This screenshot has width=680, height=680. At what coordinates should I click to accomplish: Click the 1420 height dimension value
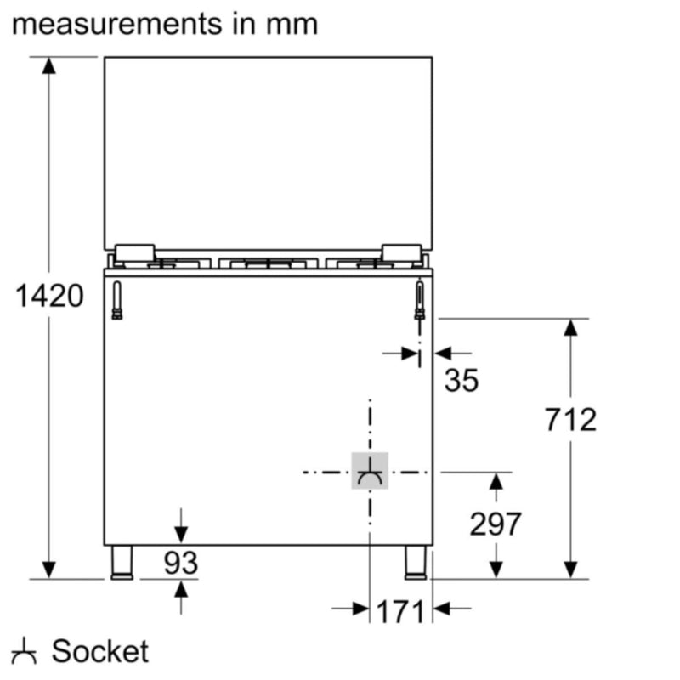tap(50, 297)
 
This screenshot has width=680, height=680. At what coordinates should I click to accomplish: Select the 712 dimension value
tap(570, 419)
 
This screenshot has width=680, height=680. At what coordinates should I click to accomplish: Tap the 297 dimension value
tap(496, 524)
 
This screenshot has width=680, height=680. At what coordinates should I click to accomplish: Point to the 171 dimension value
tap(399, 610)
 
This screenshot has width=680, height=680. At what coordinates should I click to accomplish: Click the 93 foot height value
tap(180, 564)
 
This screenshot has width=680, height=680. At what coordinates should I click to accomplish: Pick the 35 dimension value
tap(462, 381)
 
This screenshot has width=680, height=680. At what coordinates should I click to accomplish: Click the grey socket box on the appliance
tap(370, 472)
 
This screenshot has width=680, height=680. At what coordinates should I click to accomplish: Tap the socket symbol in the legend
tap(25, 653)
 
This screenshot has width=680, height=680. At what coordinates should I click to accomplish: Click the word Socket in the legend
tap(99, 652)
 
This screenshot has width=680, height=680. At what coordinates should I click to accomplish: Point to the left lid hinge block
tap(134, 252)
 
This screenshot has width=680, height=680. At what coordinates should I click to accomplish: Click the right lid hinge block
tap(400, 252)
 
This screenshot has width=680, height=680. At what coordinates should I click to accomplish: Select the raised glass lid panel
tap(268, 153)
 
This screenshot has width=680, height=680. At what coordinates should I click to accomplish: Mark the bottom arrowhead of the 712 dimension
tap(570, 569)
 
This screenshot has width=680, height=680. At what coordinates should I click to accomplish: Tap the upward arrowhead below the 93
tap(180, 588)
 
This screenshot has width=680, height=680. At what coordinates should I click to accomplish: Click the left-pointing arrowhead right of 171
tap(441, 609)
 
